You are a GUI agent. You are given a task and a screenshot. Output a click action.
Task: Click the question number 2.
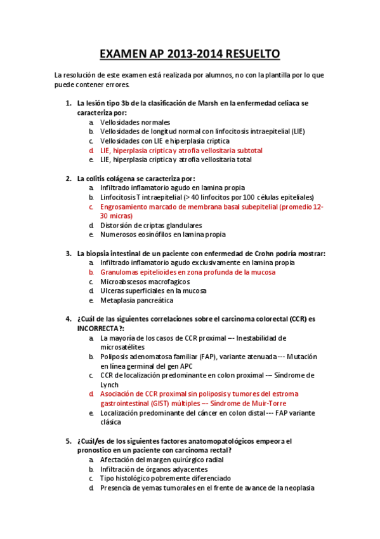point(69,179)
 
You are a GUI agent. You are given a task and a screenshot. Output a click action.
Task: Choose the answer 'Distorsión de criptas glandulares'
point(151,225)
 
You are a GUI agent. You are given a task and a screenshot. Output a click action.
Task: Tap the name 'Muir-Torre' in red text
point(269,404)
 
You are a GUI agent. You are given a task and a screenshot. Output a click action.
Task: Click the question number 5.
point(69,440)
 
